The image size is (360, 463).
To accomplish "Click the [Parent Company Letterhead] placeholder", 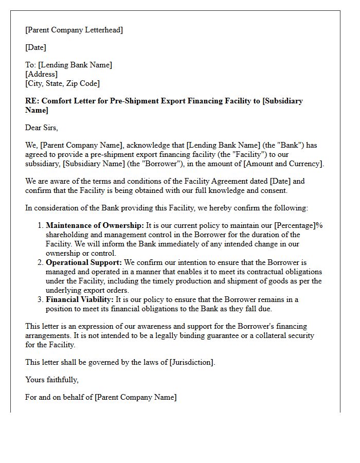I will point(74,30).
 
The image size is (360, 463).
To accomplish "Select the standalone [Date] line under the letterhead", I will point(35,47).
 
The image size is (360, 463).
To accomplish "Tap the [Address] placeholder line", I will point(41,74).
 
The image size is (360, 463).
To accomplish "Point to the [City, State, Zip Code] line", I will point(62,83).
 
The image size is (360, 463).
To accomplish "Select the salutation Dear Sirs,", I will point(42,128).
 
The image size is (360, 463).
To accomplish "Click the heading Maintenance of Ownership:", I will point(95,225).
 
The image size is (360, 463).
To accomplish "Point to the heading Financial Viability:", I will point(80,299).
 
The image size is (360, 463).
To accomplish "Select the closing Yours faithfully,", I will point(52,380).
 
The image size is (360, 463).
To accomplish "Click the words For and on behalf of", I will point(59,397).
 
